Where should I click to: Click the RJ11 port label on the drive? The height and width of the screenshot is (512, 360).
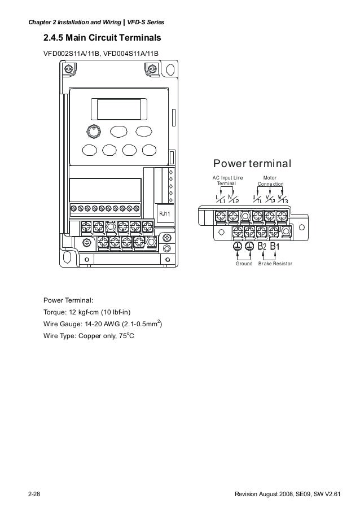[x=164, y=213]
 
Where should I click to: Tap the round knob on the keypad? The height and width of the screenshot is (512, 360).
[x=93, y=131]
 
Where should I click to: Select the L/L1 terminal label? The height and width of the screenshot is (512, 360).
[x=220, y=199]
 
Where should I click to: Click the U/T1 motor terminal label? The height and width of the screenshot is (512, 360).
[x=257, y=199]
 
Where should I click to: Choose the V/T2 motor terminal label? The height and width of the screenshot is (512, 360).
[x=270, y=199]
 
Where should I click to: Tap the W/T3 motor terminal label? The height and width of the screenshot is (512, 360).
[x=283, y=199]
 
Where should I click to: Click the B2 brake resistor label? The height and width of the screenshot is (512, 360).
[x=262, y=247]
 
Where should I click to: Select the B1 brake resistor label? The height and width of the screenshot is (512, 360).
[x=275, y=247]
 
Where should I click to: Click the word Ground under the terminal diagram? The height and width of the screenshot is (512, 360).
[x=244, y=264]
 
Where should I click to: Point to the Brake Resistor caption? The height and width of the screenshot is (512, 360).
[x=275, y=264]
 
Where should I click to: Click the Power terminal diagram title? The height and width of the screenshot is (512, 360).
[x=252, y=164]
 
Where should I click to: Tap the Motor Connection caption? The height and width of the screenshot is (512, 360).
[x=270, y=181]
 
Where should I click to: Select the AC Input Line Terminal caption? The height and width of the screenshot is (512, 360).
[x=226, y=181]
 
